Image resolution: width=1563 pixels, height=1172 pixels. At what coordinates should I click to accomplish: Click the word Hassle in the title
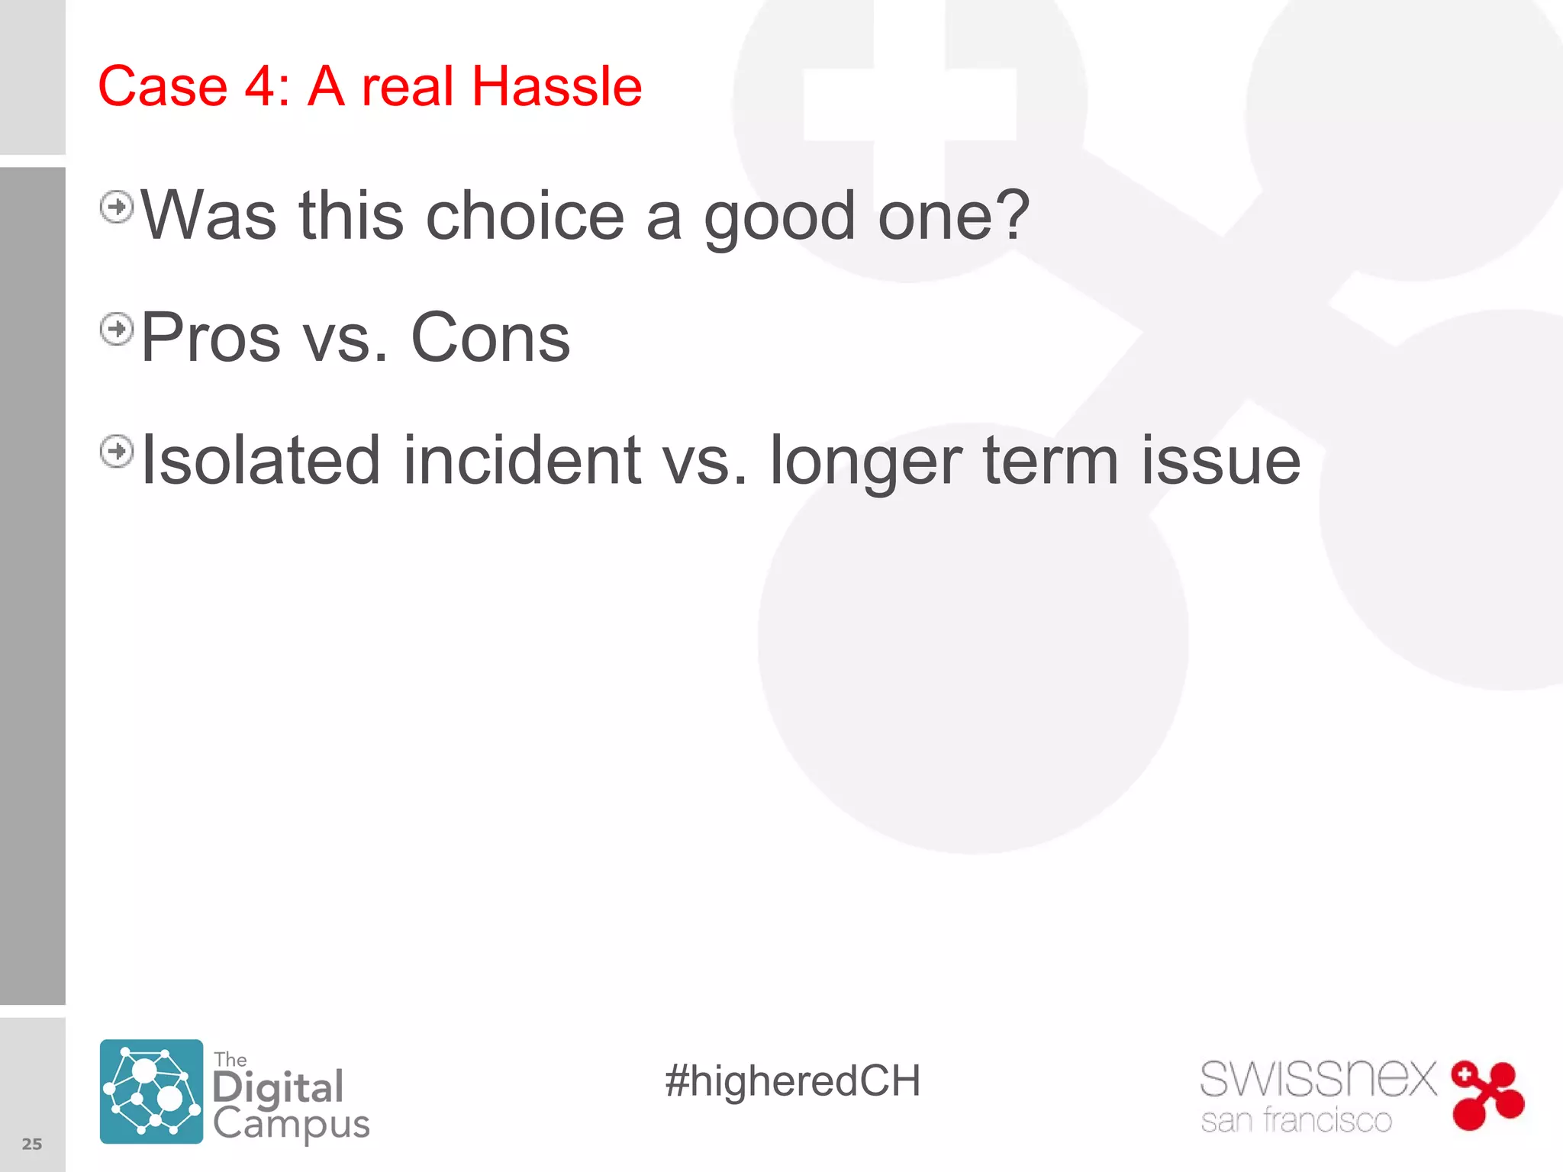click(x=556, y=86)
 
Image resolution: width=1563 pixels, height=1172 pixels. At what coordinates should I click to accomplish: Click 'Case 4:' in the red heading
click(x=194, y=86)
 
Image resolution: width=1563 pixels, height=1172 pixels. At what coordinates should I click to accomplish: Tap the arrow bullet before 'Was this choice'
click(x=117, y=207)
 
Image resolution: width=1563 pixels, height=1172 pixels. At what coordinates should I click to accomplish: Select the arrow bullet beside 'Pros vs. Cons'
click(x=117, y=329)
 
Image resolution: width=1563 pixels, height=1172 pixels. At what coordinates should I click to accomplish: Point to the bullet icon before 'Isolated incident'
click(x=117, y=451)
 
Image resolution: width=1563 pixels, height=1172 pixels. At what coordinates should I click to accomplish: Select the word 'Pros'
click(x=211, y=338)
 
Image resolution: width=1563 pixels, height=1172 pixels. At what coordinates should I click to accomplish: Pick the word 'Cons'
click(x=490, y=338)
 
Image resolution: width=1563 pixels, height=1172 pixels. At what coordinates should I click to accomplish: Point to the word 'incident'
click(x=522, y=460)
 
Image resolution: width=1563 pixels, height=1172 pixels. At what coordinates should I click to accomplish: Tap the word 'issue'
click(x=1220, y=460)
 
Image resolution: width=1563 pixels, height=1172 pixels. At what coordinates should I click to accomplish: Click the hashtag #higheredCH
click(x=792, y=1081)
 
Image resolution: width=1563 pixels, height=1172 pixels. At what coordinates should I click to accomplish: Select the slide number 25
click(x=32, y=1144)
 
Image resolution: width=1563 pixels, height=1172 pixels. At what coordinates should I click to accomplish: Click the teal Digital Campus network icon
click(x=151, y=1091)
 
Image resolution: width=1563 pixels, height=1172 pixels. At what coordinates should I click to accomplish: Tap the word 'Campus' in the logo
click(x=291, y=1125)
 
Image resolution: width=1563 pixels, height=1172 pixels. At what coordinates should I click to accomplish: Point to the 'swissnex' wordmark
click(x=1318, y=1079)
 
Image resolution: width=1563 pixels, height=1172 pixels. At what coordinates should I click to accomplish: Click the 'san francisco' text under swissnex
click(x=1296, y=1121)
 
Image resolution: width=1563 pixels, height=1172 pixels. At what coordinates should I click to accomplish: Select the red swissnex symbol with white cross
click(x=1487, y=1095)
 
